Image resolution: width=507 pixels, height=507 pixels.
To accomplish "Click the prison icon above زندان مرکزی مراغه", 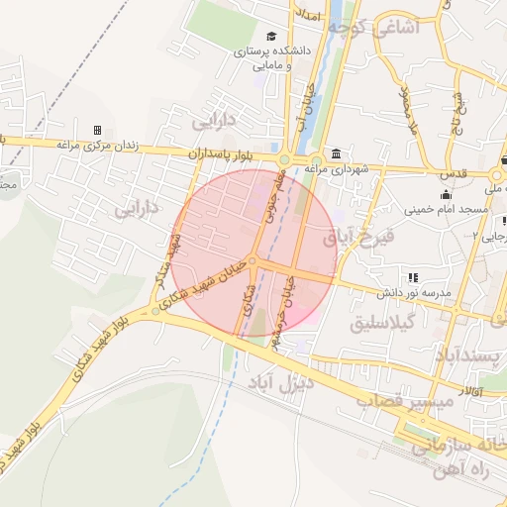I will coord(97,130).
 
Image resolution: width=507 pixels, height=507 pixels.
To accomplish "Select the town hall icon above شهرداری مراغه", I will coord(338,154).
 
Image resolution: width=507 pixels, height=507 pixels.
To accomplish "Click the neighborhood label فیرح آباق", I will coord(359,239).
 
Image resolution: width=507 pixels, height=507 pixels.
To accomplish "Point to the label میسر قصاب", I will coord(418,400).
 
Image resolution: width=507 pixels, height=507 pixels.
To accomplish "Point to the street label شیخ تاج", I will coord(458,112).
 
